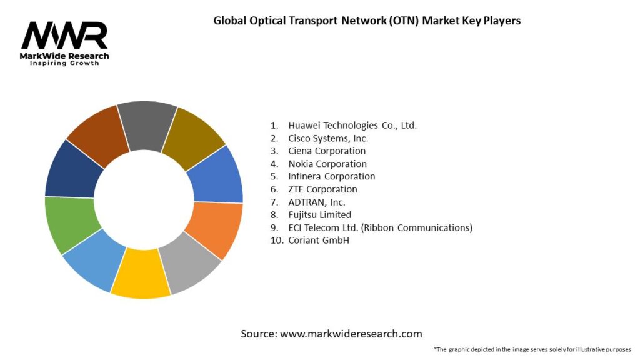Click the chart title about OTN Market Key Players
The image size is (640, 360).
pos(367,20)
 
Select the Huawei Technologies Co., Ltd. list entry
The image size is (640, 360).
pos(352,125)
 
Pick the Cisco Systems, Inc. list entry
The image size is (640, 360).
pos(327,138)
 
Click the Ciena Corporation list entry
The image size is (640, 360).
pos(326,151)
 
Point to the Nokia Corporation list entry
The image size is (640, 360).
pos(327,164)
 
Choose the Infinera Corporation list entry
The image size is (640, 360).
pos(331,176)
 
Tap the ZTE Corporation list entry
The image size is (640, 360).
pos(322,189)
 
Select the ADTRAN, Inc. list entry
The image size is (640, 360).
pos(316,202)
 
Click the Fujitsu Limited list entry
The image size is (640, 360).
pos(319,215)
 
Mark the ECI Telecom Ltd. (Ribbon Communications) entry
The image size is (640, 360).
pos(379,227)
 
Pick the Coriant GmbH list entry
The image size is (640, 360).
pos(317,240)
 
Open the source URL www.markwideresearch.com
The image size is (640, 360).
pos(331,334)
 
